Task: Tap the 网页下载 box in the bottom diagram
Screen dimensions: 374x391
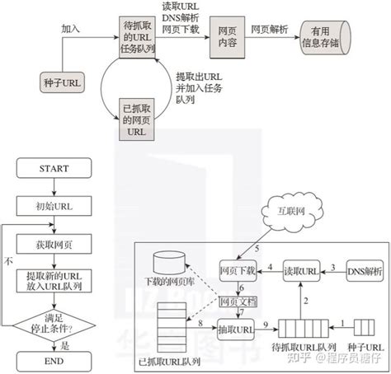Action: tap(237, 269)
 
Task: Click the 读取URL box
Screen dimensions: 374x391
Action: tap(300, 269)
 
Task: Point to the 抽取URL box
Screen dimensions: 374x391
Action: tap(237, 329)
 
